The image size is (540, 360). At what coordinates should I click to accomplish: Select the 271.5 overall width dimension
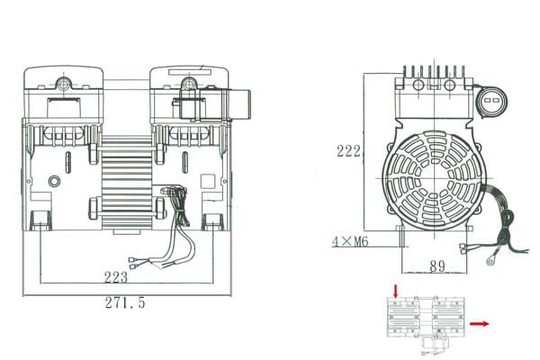coord(125,304)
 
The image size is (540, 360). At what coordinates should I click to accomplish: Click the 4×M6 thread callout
coord(351,241)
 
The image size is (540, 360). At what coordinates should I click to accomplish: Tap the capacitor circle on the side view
coord(491,102)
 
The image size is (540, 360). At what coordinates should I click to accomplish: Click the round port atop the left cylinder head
coord(66,85)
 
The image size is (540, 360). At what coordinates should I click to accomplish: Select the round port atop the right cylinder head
coord(189,85)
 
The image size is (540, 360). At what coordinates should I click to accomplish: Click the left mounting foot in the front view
coord(40,219)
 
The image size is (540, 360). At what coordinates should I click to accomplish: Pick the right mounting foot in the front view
coord(212,219)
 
